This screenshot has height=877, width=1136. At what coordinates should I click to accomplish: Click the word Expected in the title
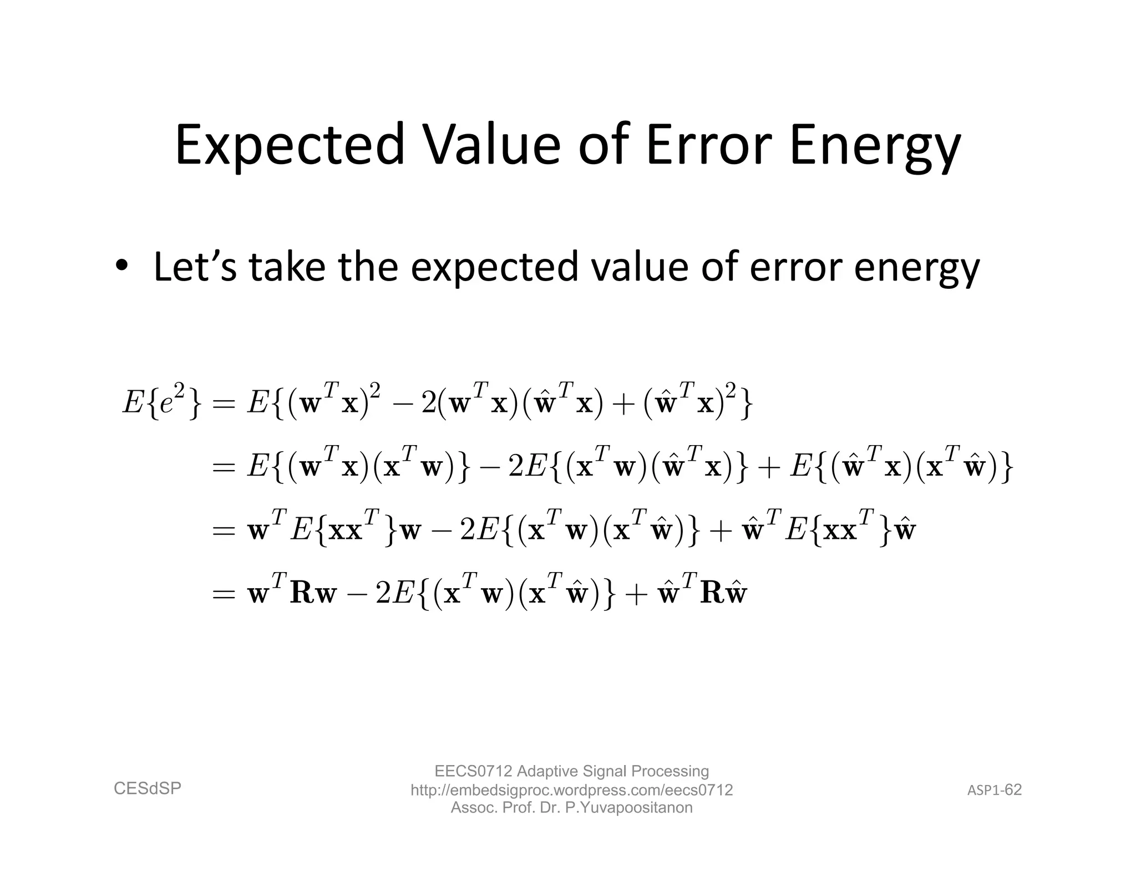pyautogui.click(x=289, y=145)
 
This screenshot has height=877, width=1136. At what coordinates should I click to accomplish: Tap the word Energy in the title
pyautogui.click(x=875, y=145)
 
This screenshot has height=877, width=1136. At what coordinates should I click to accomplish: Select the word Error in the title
pyautogui.click(x=708, y=145)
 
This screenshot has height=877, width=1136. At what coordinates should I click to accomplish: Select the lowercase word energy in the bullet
pyautogui.click(x=916, y=267)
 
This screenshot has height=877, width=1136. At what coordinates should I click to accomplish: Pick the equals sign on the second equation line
pyautogui.click(x=224, y=467)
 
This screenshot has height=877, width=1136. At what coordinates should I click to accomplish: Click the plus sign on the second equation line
pyautogui.click(x=770, y=467)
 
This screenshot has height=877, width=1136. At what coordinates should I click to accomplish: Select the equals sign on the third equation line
pyautogui.click(x=224, y=531)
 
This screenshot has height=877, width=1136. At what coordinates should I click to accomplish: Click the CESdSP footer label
pyautogui.click(x=148, y=788)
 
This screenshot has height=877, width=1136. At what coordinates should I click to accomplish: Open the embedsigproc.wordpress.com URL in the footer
pyautogui.click(x=571, y=789)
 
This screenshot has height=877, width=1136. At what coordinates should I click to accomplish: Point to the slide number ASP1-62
pyautogui.click(x=994, y=790)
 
